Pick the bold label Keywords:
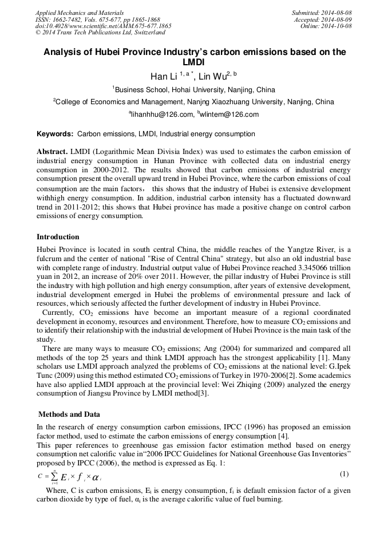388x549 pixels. point(55,134)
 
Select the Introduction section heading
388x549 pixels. point(58,236)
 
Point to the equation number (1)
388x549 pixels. point(344,474)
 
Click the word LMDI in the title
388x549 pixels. point(195,62)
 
